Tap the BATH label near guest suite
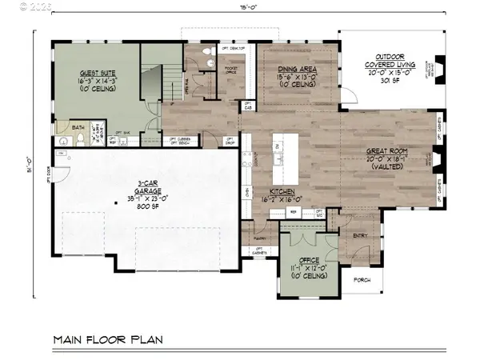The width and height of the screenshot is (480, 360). [78, 126]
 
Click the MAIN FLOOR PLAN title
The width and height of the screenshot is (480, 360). [108, 339]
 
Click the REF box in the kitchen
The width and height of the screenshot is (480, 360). [294, 212]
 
